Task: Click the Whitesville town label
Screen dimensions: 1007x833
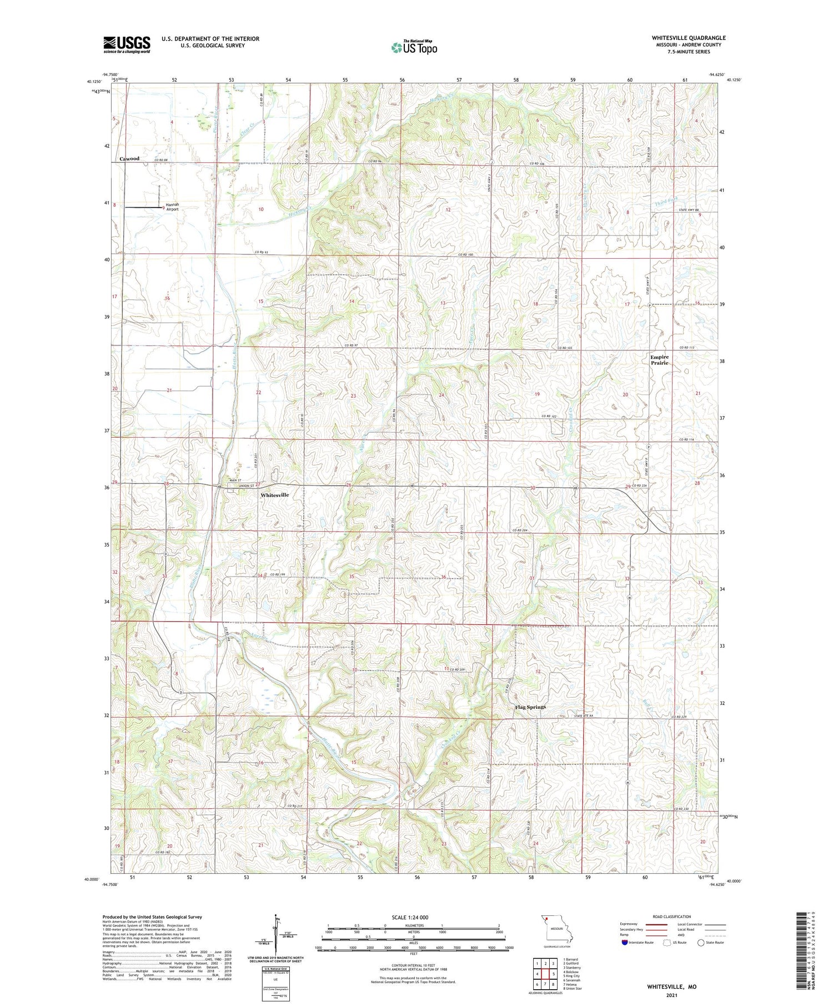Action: tap(274, 495)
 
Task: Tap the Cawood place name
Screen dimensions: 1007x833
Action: tap(129, 159)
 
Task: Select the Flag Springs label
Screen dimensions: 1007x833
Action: tap(530, 707)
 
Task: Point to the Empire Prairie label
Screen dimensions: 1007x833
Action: tap(659, 360)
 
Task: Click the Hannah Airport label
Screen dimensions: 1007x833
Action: tap(172, 207)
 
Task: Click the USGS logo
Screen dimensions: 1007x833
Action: tap(127, 44)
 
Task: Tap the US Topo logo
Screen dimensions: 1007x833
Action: tap(414, 47)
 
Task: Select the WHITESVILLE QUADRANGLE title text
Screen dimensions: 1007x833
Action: tap(689, 38)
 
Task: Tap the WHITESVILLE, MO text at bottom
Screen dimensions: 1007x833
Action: tap(671, 987)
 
